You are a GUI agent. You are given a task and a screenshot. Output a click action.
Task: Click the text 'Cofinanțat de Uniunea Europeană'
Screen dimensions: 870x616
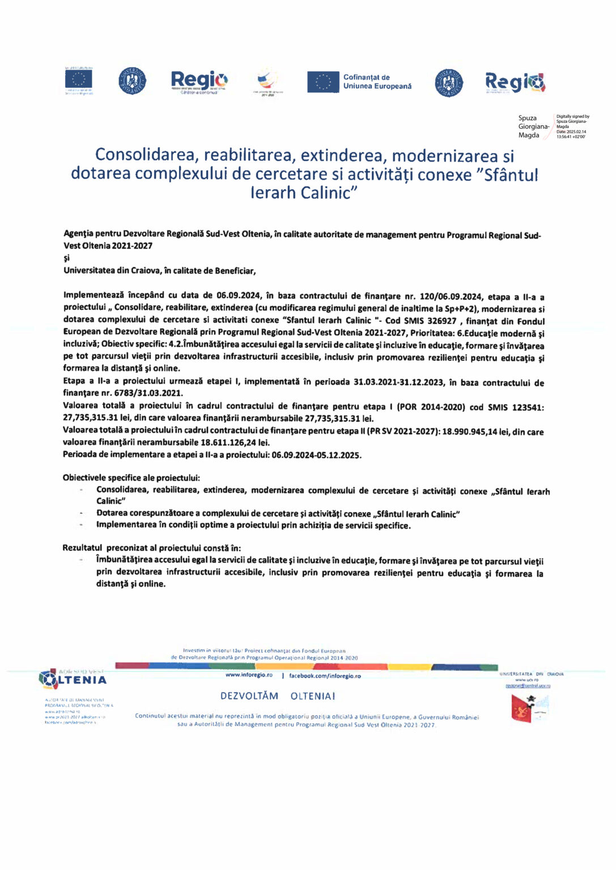point(377,82)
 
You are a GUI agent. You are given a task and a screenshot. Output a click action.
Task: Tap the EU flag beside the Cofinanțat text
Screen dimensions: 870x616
point(323,82)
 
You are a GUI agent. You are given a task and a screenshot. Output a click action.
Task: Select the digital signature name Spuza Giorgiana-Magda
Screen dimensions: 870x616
point(533,127)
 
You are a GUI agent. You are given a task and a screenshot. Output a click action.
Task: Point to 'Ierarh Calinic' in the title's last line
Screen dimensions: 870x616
point(304,193)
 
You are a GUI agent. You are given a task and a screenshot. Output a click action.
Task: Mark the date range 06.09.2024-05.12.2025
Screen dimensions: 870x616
point(316,455)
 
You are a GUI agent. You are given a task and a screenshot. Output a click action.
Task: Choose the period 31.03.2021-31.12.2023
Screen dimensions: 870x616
point(398,382)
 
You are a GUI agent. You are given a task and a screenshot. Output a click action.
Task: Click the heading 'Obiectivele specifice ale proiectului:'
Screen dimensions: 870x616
point(131,477)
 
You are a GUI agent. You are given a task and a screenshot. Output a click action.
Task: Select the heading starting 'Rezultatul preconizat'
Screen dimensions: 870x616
point(151,548)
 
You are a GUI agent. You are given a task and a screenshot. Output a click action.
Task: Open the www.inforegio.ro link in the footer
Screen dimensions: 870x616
point(249,675)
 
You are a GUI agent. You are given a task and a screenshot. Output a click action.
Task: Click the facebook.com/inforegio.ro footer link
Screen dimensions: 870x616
point(325,676)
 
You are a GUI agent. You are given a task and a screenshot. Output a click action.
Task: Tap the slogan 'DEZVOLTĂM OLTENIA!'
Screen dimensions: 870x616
point(278,696)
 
